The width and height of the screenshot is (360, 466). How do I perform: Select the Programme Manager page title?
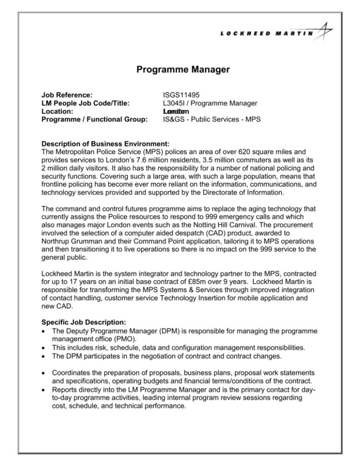(180, 70)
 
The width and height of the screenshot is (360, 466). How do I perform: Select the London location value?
(176, 112)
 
